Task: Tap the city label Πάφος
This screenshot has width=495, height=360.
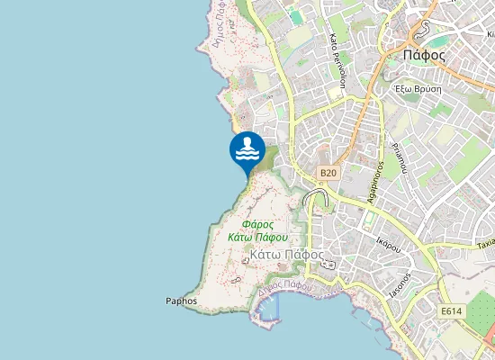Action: [425, 54]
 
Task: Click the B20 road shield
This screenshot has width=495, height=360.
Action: [328, 172]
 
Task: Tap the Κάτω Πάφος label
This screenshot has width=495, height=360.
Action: [286, 255]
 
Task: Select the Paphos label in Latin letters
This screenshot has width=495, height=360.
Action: [181, 301]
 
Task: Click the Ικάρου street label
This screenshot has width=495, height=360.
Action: [387, 243]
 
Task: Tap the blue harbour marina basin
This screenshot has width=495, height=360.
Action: [266, 310]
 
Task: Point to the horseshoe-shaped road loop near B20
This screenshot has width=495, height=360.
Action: [314, 197]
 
